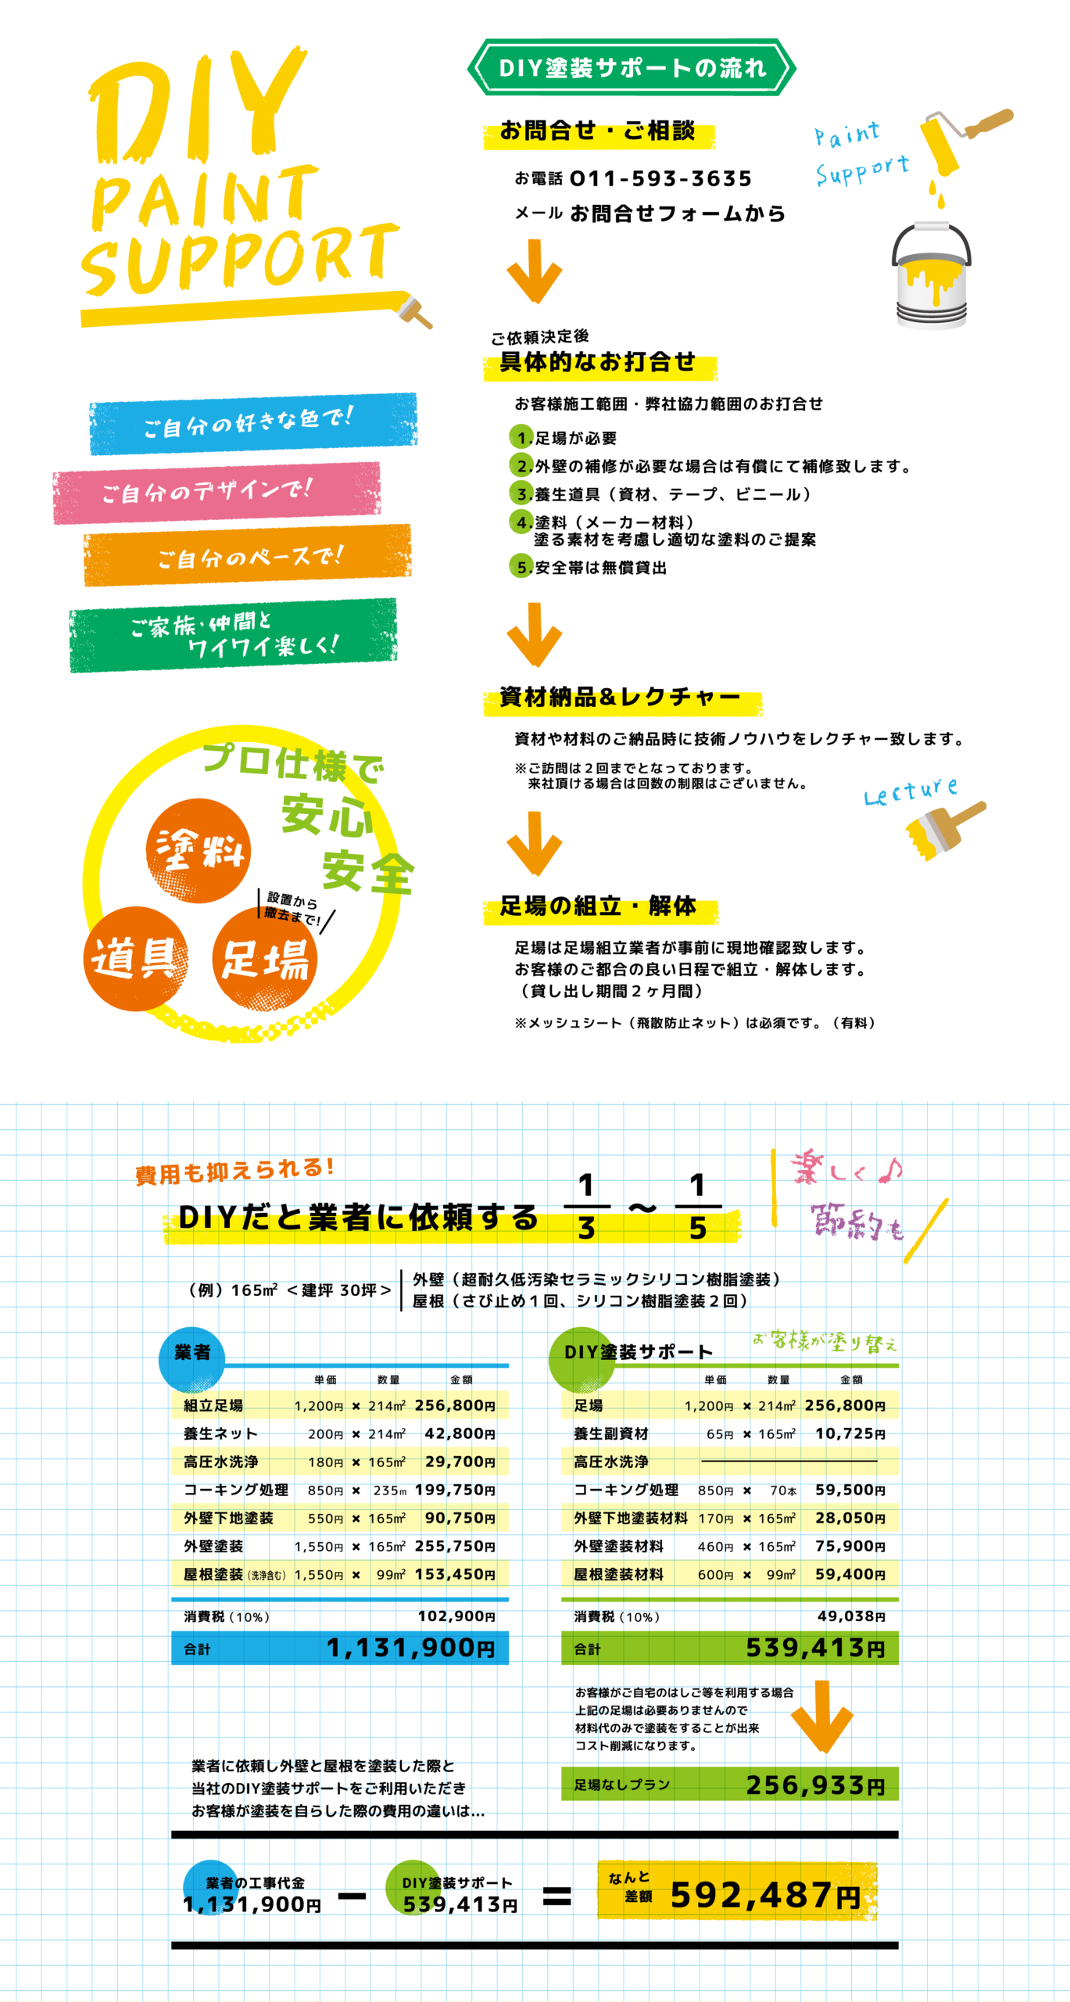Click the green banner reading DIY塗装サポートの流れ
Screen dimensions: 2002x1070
coord(632,68)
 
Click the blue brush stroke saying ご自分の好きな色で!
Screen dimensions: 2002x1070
coord(252,422)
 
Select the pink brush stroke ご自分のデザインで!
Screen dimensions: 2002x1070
coord(217,492)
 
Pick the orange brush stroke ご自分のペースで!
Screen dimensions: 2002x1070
coord(247,555)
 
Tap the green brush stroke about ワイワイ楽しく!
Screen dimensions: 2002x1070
coord(233,635)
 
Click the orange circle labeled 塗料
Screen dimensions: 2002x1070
coord(199,850)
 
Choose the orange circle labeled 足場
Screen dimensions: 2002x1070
coord(265,960)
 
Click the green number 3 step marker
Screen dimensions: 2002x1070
coord(521,493)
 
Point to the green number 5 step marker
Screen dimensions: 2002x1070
coord(521,565)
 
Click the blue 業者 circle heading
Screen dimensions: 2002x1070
coord(192,1353)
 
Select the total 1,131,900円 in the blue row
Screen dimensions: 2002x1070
coord(410,1648)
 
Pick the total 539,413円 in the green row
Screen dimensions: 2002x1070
coord(815,1648)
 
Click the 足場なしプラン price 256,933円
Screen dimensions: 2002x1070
coord(815,1785)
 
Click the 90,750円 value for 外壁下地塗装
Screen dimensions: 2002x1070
coord(460,1518)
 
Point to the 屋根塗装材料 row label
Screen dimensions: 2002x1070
coord(618,1574)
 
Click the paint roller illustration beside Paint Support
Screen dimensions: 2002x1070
coord(961,137)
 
